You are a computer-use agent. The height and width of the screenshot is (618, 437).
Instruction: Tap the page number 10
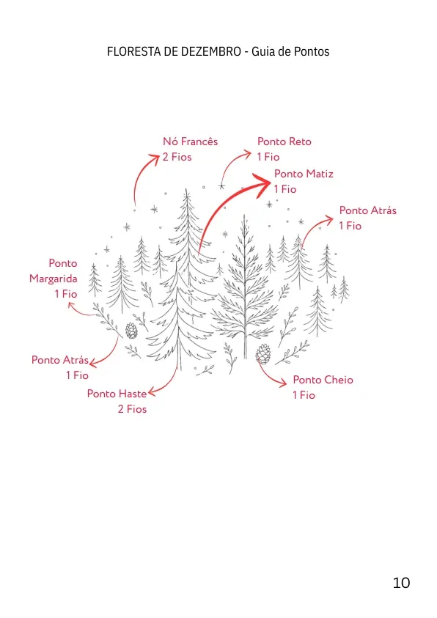[401, 583]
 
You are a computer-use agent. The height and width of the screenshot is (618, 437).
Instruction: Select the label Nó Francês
[191, 141]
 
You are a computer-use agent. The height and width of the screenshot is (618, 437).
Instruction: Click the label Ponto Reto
[284, 141]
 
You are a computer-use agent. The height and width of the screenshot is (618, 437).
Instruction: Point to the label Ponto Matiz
[304, 174]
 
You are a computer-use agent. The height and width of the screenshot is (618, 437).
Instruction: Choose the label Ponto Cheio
[323, 380]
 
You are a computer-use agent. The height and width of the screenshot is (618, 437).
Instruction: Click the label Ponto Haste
[117, 394]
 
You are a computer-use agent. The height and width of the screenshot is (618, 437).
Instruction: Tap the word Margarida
[54, 279]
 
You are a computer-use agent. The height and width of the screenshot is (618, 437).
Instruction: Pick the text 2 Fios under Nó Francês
[177, 157]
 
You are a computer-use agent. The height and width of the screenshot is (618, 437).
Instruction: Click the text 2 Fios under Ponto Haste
[132, 409]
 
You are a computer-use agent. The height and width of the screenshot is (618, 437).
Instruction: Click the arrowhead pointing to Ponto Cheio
[283, 383]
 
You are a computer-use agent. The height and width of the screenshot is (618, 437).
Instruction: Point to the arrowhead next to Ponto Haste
[152, 391]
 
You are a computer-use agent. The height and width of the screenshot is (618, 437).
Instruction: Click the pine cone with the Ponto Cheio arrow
[263, 354]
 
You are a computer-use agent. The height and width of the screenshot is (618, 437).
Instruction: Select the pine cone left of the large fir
[131, 331]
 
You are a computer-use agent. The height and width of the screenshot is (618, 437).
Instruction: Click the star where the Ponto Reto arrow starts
[221, 186]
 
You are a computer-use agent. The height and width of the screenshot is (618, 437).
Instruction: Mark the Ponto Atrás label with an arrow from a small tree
[367, 210]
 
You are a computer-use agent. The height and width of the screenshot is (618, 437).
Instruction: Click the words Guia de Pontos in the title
[290, 51]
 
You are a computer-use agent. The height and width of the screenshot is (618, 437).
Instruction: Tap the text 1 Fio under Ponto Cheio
[304, 395]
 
